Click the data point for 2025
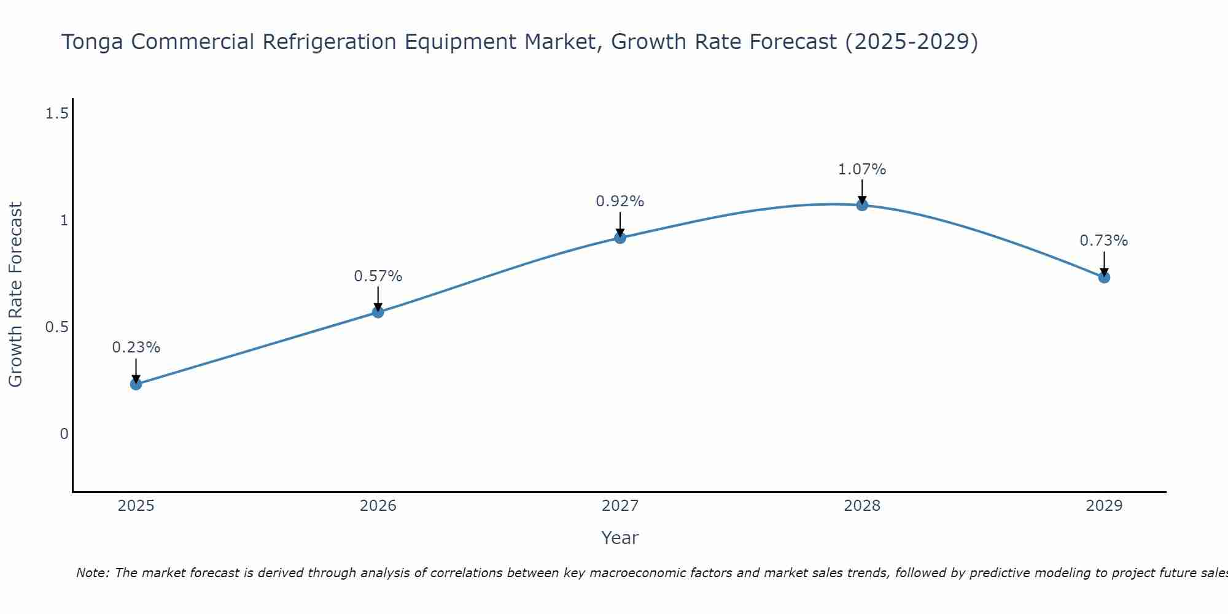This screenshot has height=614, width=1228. coord(136,384)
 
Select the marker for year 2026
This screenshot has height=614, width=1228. coord(378,312)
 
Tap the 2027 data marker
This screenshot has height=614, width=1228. coord(620,238)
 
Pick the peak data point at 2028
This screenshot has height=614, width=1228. coord(862,205)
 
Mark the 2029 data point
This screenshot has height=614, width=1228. coord(1104,278)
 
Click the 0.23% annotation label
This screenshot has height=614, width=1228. coord(136,348)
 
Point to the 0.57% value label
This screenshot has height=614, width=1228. coord(378,276)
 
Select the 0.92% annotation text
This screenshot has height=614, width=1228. coord(620,201)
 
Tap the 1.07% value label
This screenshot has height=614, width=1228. coord(862,169)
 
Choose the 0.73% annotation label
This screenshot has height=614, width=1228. coord(1104,241)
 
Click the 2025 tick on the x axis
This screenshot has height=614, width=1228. coord(136,506)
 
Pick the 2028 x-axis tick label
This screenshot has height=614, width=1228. coord(862,506)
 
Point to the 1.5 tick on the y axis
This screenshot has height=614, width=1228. coord(56,114)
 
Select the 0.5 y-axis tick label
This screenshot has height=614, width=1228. coord(56,327)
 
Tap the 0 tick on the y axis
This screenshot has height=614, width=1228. coord(64,434)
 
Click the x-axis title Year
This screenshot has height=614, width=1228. coord(620,538)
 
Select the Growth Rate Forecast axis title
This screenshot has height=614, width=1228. coord(15,295)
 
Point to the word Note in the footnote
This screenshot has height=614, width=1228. coord(91,573)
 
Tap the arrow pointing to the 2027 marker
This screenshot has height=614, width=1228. coord(620,225)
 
